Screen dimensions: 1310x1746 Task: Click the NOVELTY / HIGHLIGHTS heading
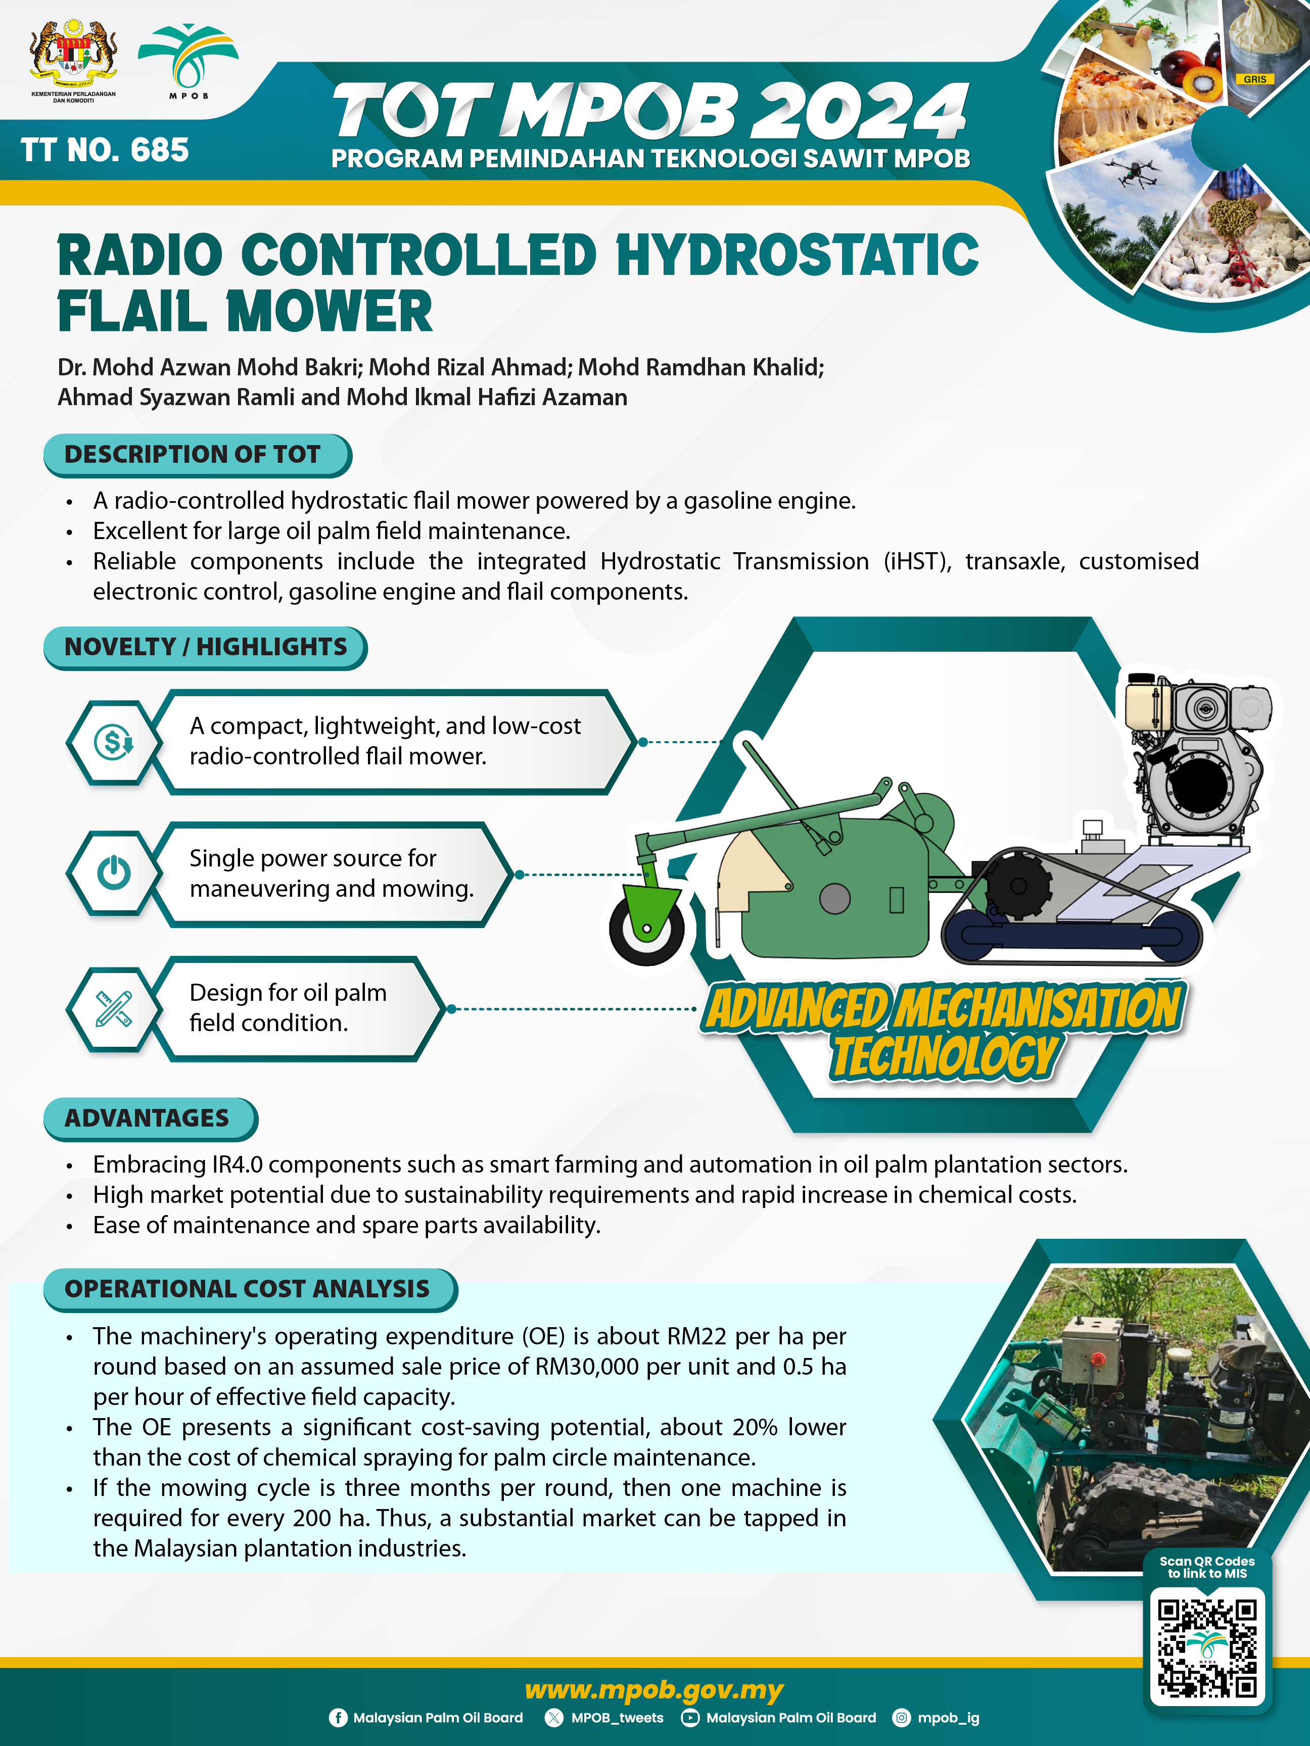[x=205, y=647]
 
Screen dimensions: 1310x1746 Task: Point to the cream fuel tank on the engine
[x=1149, y=703]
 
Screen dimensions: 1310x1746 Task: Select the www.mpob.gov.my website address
[x=654, y=1690]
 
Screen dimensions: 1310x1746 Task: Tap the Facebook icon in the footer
[x=338, y=1718]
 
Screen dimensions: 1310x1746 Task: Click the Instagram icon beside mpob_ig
[x=901, y=1718]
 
